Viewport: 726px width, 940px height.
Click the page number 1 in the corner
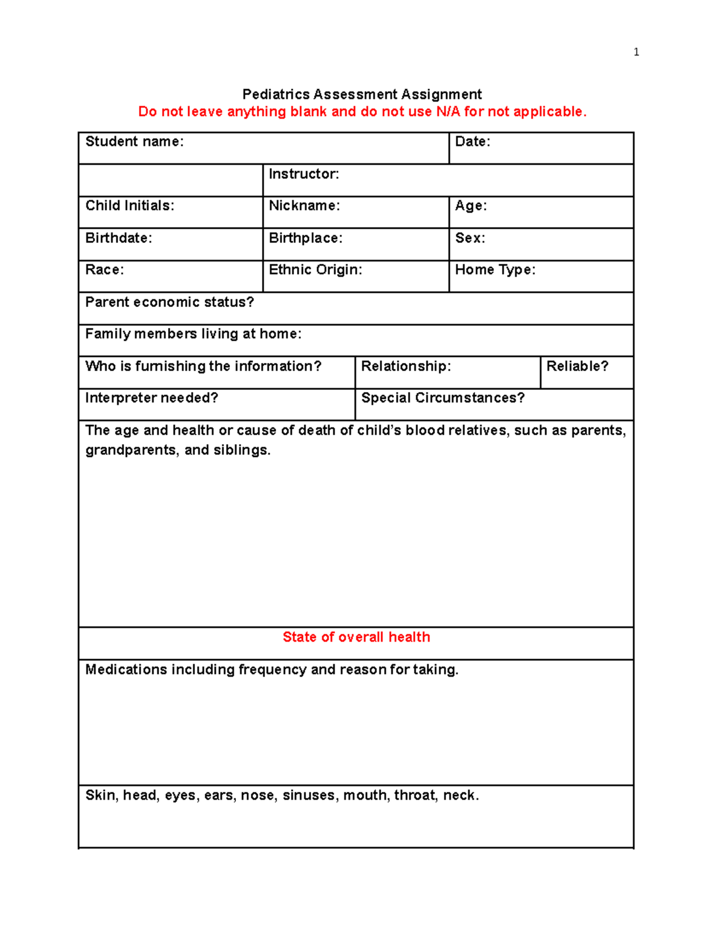coord(636,52)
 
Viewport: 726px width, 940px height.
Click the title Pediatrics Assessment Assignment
coord(362,94)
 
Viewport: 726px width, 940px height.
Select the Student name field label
coord(134,142)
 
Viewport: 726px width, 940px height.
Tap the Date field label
coord(473,142)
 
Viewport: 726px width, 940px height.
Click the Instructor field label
coord(304,174)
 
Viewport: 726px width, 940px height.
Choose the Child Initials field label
coord(129,206)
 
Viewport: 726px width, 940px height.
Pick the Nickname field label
coord(304,206)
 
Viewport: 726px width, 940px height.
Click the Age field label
coord(471,206)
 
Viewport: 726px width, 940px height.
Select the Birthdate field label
coord(119,238)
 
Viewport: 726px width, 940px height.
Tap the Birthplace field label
coord(306,238)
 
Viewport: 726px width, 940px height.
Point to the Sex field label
coord(470,238)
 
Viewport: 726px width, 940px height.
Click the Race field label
coord(105,270)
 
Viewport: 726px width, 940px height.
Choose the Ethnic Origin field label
coord(315,270)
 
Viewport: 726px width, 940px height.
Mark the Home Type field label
coord(495,270)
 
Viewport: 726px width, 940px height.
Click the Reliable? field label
coord(577,366)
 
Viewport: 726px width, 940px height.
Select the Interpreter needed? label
coord(152,398)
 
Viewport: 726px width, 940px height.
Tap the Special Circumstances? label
coord(443,398)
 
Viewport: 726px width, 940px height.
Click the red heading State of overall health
coord(356,637)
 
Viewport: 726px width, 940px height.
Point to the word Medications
coord(126,669)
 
